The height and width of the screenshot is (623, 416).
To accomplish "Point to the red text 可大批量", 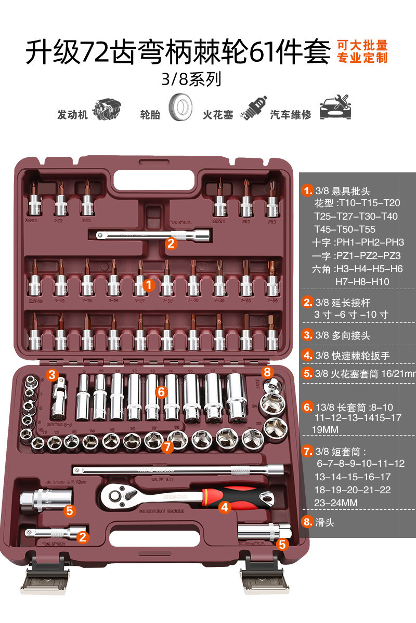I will pyautogui.click(x=362, y=45).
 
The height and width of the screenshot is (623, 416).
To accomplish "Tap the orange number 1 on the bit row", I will pyautogui.click(x=148, y=285).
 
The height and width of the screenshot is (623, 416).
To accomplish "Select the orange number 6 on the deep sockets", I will pyautogui.click(x=161, y=392).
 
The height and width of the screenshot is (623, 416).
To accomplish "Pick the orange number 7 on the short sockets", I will pyautogui.click(x=166, y=446).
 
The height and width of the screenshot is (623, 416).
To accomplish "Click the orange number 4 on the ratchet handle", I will pyautogui.click(x=224, y=507).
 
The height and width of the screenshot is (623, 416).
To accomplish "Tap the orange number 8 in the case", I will pyautogui.click(x=267, y=372).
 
